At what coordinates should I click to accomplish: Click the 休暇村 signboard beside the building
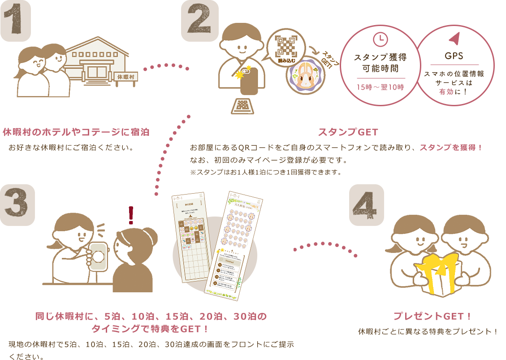126,77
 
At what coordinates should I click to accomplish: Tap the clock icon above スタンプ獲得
380,39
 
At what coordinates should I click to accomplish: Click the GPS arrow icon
454,39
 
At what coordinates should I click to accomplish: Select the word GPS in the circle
454,57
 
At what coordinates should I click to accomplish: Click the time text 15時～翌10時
380,87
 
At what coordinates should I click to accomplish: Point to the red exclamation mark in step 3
131,215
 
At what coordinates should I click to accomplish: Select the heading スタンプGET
348,132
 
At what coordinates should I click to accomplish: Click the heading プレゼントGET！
432,316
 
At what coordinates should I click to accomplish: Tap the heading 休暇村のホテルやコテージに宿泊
76,132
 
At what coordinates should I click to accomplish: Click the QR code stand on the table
242,106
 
